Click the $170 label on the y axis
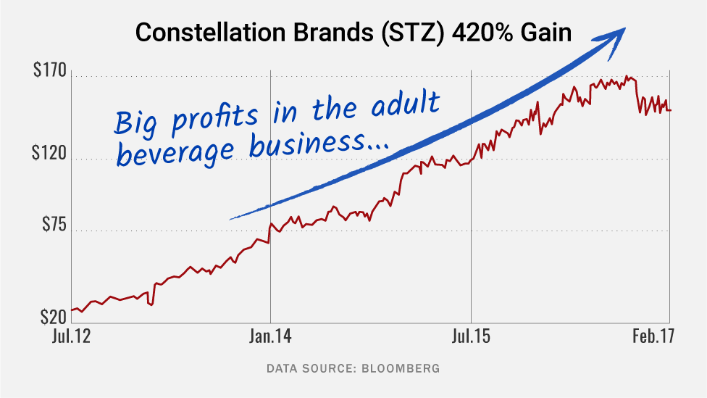[x=50, y=72]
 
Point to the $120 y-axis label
[x=50, y=155]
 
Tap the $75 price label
[x=54, y=226]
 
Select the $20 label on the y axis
[x=54, y=317]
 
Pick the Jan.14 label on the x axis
[x=270, y=337]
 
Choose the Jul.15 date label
[x=471, y=337]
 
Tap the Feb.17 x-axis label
[x=652, y=337]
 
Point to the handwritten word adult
[x=405, y=105]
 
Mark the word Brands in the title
[x=318, y=33]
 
